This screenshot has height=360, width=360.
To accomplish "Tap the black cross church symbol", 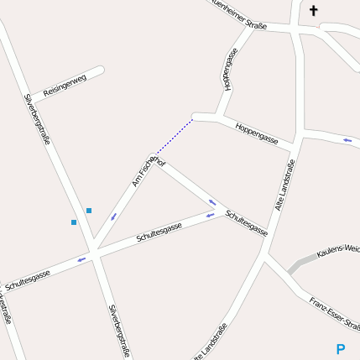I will [314, 11].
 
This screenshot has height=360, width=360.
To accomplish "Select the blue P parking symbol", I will [340, 349].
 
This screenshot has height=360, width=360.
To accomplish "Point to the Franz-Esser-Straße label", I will [334, 313].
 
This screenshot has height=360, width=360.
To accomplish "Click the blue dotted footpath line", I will [175, 137].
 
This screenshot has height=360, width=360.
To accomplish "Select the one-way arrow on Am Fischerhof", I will [113, 217].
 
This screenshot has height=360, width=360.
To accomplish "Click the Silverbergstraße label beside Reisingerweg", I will [37, 118].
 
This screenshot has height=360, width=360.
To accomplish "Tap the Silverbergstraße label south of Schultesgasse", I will [119, 331].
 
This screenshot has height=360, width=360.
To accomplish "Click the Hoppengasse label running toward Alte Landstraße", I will [257, 133].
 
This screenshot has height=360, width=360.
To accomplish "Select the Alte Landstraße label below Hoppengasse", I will [285, 185].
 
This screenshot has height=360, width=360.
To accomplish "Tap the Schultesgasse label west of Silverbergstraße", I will [28, 279].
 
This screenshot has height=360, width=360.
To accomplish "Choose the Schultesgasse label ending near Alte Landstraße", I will [246, 222].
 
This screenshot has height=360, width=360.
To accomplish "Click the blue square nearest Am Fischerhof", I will [89, 210].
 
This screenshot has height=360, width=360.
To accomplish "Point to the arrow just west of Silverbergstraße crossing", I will [81, 259].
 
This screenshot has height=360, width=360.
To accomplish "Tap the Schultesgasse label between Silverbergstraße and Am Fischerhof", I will [159, 232].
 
